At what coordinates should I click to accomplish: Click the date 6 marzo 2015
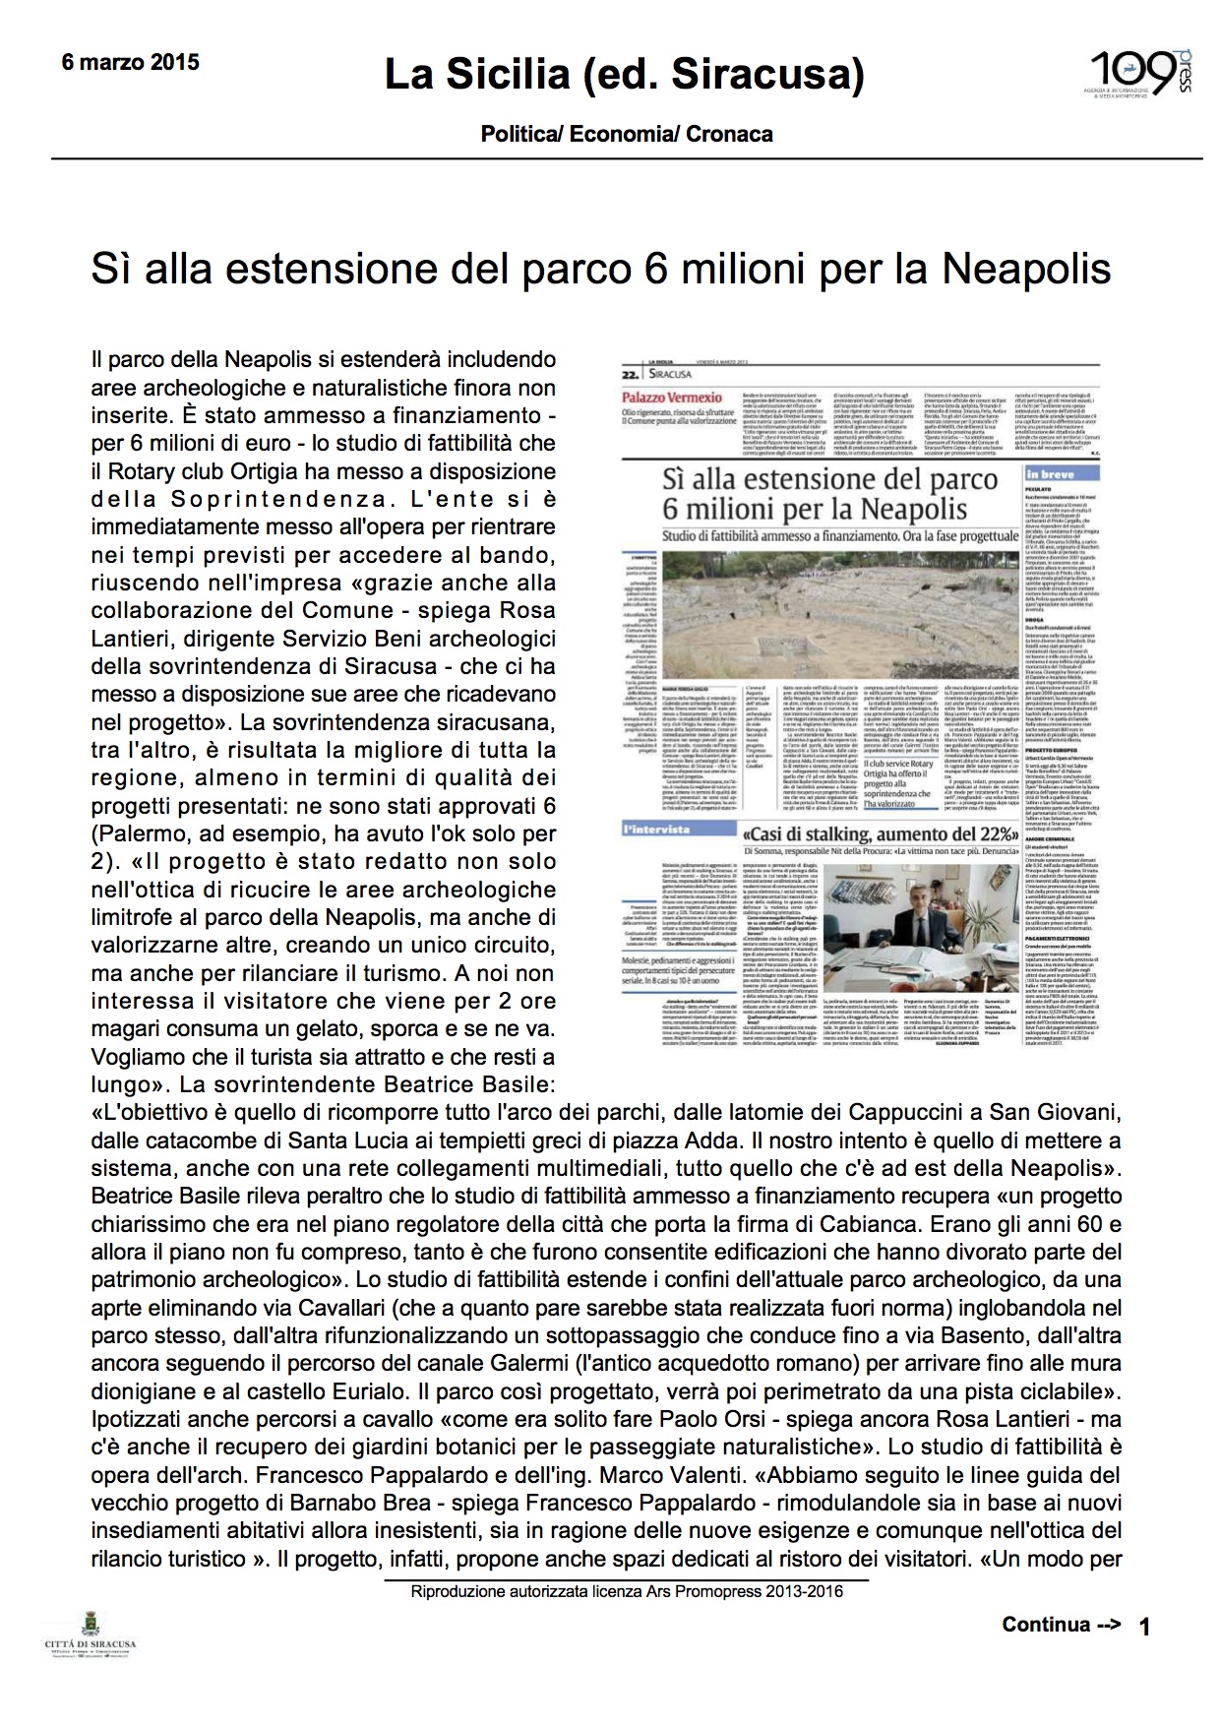click(130, 63)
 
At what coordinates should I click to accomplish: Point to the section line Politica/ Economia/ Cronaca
click(627, 134)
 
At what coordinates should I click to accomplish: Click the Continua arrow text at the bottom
click(1061, 1624)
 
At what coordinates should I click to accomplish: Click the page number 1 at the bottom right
click(1143, 1627)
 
